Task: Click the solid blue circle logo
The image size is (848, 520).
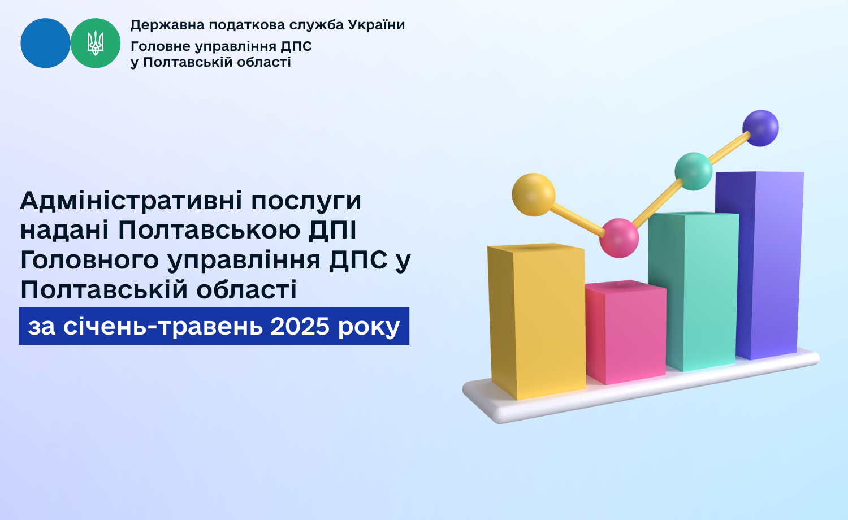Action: point(45,43)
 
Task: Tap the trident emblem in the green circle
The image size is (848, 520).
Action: point(96,43)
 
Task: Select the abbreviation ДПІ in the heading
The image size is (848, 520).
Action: point(332,230)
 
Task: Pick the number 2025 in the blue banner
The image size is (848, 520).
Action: point(300,326)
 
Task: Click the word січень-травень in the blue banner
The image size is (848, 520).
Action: point(163,326)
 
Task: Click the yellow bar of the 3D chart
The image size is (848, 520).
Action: point(537,322)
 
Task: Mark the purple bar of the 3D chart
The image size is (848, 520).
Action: point(759,265)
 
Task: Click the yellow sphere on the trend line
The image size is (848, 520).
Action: point(534,194)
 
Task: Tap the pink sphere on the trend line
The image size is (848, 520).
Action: point(619,238)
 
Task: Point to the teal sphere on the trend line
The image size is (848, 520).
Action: point(694,171)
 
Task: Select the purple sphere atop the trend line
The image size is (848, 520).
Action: point(760,128)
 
